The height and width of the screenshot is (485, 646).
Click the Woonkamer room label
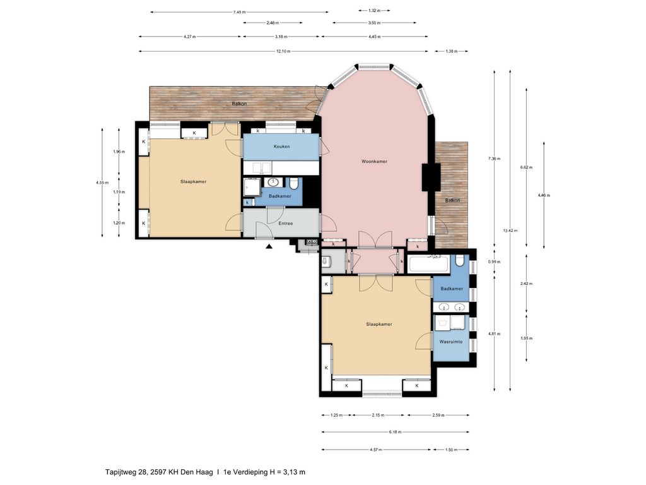pos(374,161)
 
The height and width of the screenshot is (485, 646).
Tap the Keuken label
pos(281,147)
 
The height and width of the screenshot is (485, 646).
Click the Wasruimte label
pos(451,342)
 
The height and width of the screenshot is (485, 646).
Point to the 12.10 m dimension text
pos(283,51)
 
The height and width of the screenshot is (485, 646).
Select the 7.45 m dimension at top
pos(239,12)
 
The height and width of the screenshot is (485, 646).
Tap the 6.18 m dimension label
pos(394,433)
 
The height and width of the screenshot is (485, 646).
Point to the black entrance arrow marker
pos(269,247)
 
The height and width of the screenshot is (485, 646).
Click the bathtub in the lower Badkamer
pos(429,263)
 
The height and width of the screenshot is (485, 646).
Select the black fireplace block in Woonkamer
pos(432,177)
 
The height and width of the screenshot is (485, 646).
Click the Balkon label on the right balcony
pos(452,201)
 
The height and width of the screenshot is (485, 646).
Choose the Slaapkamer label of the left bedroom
pos(193,181)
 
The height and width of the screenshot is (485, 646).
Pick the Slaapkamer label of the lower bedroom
pos(379,324)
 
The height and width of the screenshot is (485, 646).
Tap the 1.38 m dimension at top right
pos(451,51)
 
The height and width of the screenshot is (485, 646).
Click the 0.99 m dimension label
pos(495,261)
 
